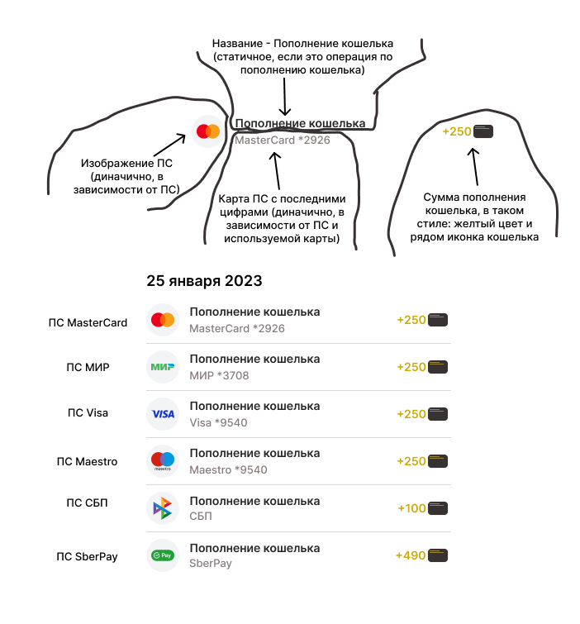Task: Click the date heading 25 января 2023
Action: (204, 281)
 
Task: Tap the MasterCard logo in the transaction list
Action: (163, 320)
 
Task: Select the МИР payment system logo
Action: (163, 367)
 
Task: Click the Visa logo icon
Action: (163, 414)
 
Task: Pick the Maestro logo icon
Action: (163, 461)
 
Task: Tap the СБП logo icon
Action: (163, 508)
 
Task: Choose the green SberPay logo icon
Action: (163, 555)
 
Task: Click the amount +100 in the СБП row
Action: (411, 508)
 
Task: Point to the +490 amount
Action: (410, 555)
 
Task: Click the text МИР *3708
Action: (219, 375)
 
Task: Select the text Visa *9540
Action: (218, 422)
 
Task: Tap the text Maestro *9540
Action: (228, 469)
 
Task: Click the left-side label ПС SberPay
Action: (87, 556)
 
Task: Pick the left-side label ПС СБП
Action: (87, 503)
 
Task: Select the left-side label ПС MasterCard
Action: (88, 322)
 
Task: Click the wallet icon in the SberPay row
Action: (438, 555)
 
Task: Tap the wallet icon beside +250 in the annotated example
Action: (483, 131)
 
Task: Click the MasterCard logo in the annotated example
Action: (207, 131)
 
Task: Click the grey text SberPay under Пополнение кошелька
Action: (211, 564)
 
